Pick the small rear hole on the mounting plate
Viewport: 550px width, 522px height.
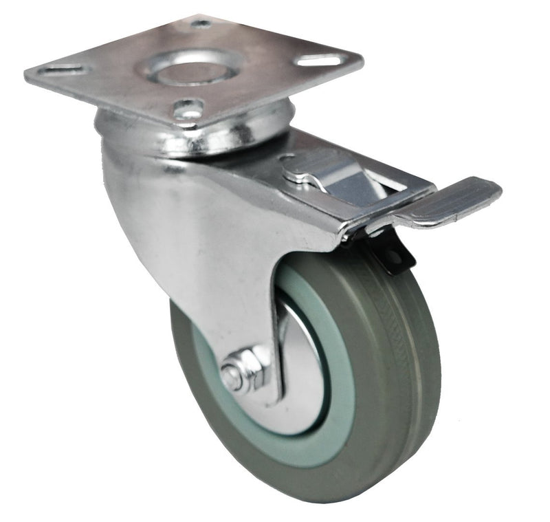201,24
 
